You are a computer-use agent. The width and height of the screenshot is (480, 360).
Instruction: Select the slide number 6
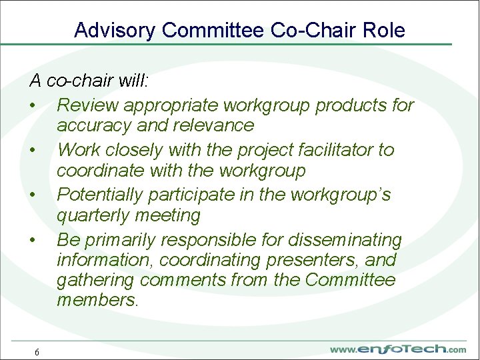click(x=37, y=352)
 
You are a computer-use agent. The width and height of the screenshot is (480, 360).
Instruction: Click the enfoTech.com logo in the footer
click(x=398, y=349)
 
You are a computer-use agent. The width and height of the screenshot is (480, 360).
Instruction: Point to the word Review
click(x=88, y=105)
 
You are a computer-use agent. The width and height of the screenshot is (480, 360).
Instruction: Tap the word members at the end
click(x=96, y=301)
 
